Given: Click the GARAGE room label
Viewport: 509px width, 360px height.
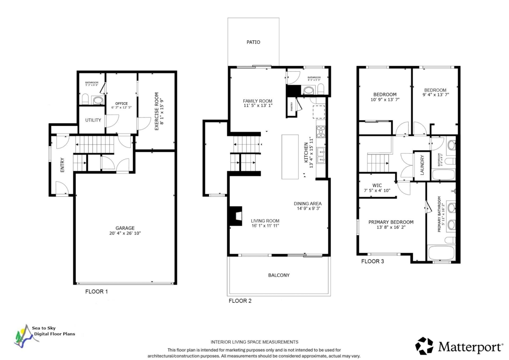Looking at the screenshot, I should (x=125, y=227).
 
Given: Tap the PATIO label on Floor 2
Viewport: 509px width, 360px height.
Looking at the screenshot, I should (x=253, y=42).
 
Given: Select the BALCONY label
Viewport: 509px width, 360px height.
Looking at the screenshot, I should (x=279, y=275).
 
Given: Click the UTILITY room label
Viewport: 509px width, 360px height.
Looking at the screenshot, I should (x=93, y=120).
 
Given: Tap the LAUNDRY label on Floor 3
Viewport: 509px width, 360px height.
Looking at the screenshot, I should (x=422, y=165).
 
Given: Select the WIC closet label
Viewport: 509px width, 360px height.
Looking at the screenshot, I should (x=377, y=185).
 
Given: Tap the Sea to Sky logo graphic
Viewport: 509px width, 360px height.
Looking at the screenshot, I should (x=22, y=337).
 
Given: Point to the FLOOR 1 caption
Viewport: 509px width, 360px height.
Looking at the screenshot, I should (x=97, y=292).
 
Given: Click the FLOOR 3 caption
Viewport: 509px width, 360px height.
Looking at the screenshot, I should (x=372, y=261).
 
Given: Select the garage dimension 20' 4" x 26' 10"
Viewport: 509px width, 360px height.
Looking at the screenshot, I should (x=125, y=233).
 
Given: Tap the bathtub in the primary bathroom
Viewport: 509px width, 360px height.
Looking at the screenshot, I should (x=441, y=253).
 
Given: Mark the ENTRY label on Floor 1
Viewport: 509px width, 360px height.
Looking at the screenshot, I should (x=63, y=165).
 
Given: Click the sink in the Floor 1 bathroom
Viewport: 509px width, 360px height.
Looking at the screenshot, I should (x=98, y=100).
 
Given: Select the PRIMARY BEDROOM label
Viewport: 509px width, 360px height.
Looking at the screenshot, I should (x=391, y=222).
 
